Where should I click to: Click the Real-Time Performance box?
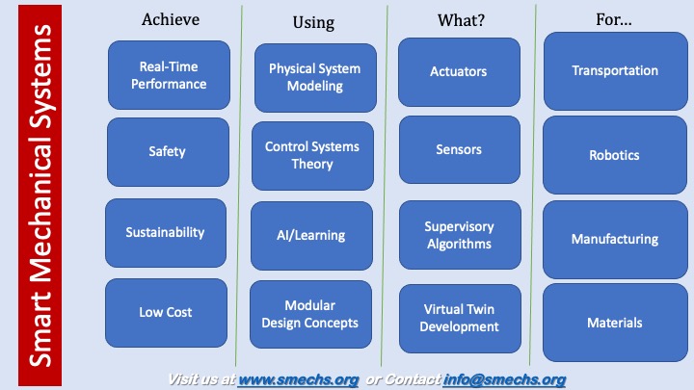tap(169, 75)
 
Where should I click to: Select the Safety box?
tap(168, 152)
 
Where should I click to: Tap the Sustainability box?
tap(166, 233)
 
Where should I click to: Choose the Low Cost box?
tap(166, 313)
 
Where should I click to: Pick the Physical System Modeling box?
tap(315, 78)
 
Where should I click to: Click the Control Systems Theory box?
tap(312, 156)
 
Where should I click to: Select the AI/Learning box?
tap(311, 236)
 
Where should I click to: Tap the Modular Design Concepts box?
tap(310, 314)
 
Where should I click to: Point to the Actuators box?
tap(459, 72)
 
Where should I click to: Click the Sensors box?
tap(460, 150)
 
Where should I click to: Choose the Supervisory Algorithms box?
tap(460, 235)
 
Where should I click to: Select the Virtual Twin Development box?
tap(460, 319)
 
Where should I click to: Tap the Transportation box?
tap(616, 71)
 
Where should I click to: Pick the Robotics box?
tap(615, 155)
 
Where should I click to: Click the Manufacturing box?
tap(615, 240)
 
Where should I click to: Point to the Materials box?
tap(615, 323)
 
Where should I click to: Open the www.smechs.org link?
tap(298, 379)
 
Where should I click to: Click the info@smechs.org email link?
tap(504, 379)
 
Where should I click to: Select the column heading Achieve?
tap(171, 19)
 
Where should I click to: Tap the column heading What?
tap(461, 20)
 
